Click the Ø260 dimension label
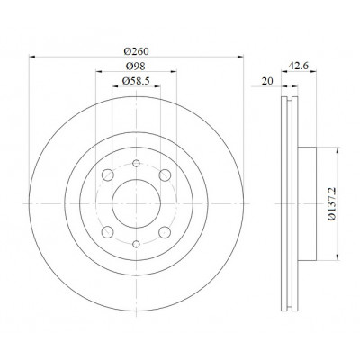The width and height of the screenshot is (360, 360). click(x=137, y=51)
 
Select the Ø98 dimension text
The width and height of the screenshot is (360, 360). click(x=136, y=66)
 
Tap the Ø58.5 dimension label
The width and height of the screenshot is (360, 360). click(x=136, y=81)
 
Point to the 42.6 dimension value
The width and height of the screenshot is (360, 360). click(x=299, y=66)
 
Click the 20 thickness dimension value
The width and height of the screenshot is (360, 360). click(x=267, y=81)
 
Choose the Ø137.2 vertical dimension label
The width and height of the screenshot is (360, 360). click(x=332, y=203)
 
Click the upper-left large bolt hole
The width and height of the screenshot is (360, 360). click(x=108, y=175)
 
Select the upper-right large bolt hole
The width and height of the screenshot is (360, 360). click(x=165, y=175)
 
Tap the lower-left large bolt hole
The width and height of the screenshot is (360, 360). click(x=108, y=232)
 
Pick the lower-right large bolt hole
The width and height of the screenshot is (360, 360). click(x=165, y=232)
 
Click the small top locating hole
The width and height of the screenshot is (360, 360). click(x=136, y=163)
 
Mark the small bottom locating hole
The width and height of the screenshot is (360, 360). click(x=136, y=244)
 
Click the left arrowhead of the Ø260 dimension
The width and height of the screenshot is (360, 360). click(x=32, y=57)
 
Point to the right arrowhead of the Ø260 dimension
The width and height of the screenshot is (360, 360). click(x=240, y=57)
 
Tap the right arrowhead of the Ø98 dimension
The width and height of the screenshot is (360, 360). click(x=174, y=71)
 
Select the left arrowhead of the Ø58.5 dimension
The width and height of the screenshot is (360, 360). click(x=115, y=86)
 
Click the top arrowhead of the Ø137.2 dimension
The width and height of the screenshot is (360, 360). click(x=338, y=150)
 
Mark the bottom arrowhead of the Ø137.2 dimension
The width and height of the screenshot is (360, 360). click(x=338, y=256)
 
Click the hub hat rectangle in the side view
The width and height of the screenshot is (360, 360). click(x=307, y=203)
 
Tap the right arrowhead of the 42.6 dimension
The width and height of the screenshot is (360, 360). click(x=313, y=71)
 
